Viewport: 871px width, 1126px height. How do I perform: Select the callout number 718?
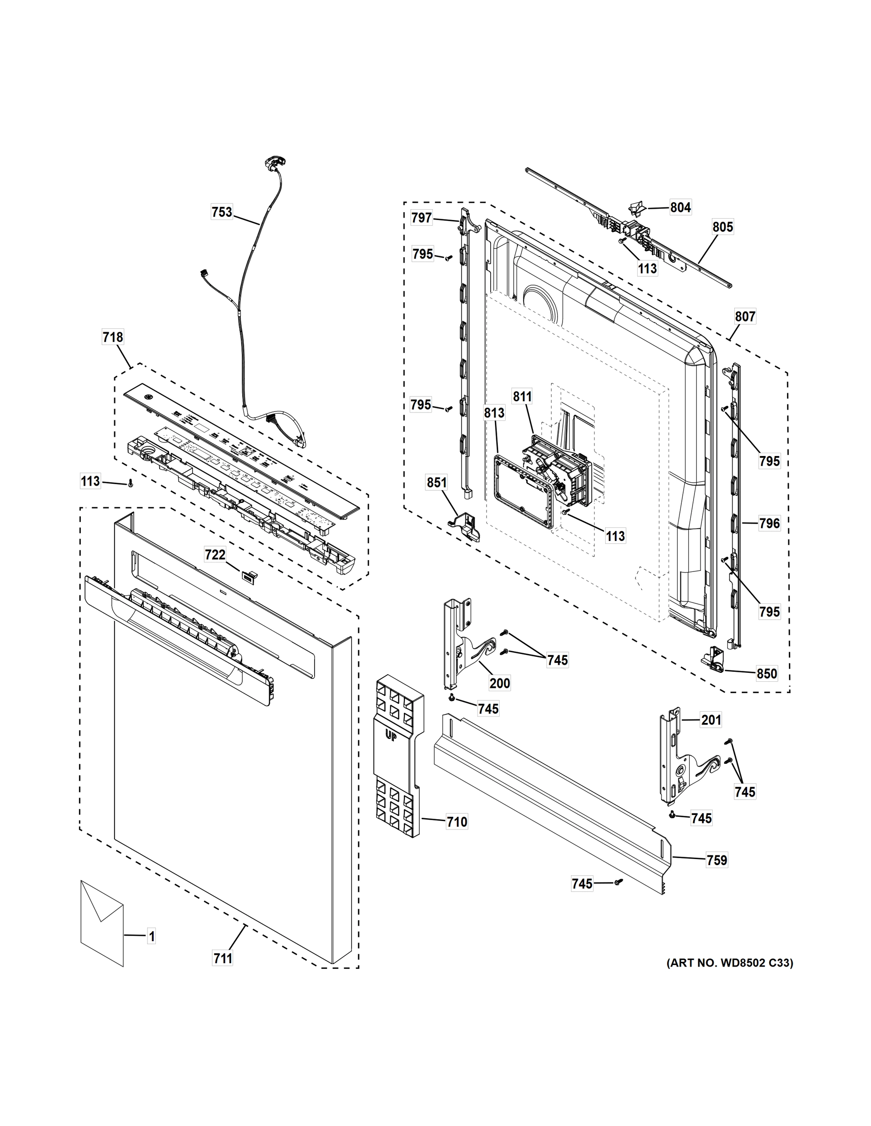click(113, 337)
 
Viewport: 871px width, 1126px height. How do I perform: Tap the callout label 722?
click(215, 555)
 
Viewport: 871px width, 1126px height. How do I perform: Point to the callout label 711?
click(223, 959)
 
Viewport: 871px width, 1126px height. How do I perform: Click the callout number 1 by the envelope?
click(151, 936)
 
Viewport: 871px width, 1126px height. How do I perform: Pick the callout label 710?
click(457, 822)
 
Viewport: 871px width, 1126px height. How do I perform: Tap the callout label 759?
click(716, 860)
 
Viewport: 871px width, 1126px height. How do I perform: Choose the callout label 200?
click(500, 683)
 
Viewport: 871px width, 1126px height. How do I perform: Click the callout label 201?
click(710, 720)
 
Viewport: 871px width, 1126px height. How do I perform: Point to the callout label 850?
click(766, 673)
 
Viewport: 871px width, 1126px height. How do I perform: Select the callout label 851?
click(437, 483)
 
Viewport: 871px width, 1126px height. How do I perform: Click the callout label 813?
click(494, 413)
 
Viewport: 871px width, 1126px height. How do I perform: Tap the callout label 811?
click(522, 396)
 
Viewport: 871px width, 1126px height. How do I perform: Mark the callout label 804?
click(680, 207)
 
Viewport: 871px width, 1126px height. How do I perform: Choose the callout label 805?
click(723, 227)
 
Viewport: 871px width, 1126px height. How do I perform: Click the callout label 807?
click(745, 317)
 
